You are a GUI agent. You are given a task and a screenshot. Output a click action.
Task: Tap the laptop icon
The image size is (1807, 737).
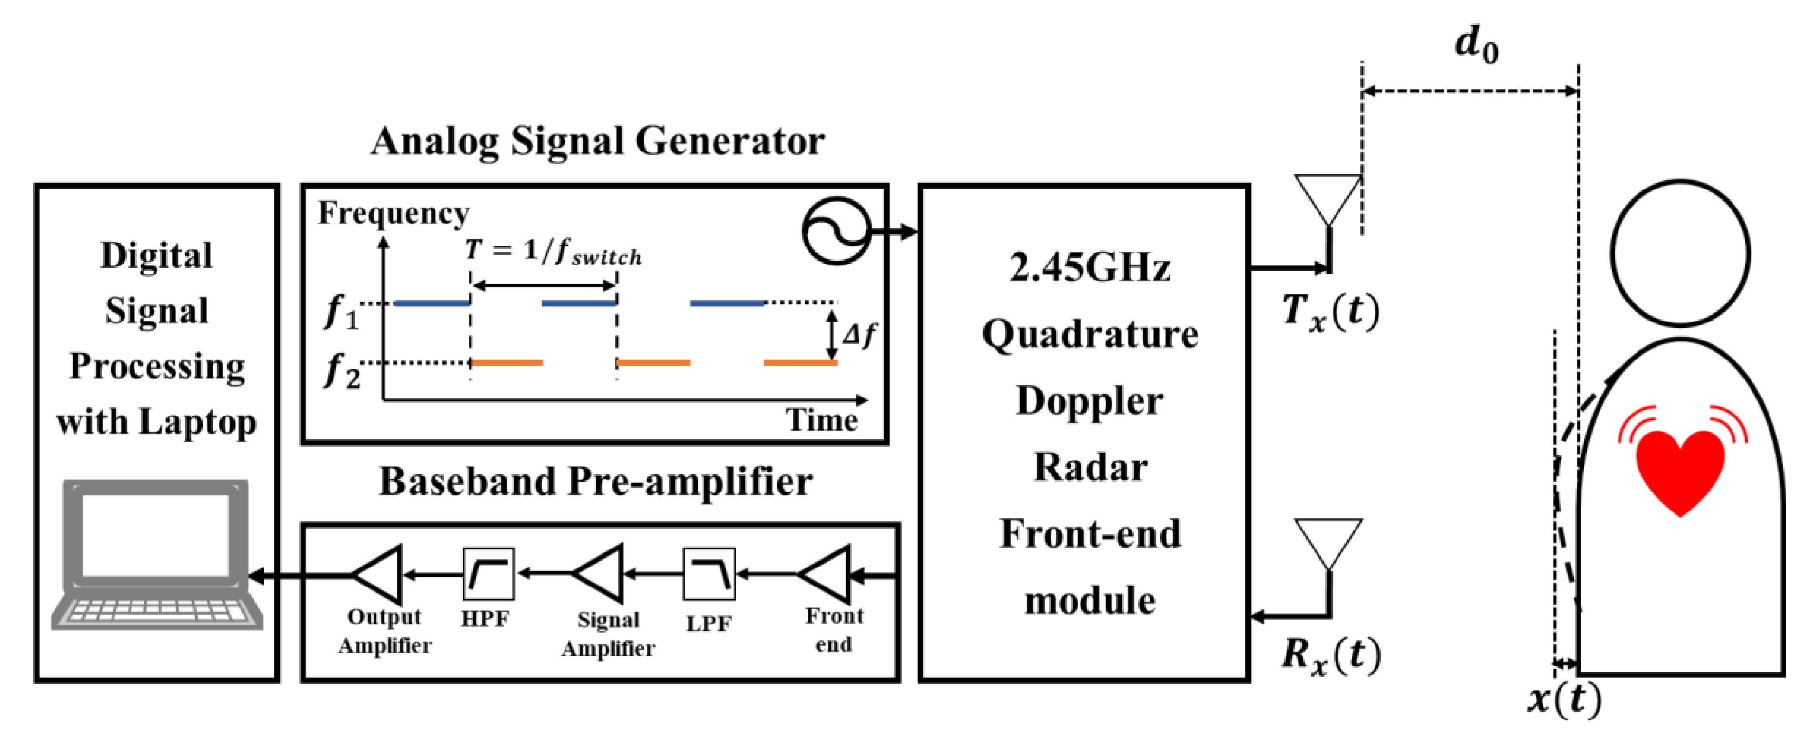(x=156, y=554)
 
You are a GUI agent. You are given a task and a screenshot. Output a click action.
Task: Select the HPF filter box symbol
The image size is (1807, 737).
(x=488, y=574)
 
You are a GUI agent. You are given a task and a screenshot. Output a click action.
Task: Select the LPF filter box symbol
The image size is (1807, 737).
(x=709, y=574)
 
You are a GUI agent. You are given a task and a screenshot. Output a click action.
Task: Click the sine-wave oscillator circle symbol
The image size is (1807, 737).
(x=835, y=231)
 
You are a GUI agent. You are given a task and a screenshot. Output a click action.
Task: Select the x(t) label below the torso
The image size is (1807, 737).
(x=1564, y=699)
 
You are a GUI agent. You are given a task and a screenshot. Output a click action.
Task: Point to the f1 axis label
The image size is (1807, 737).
(x=341, y=311)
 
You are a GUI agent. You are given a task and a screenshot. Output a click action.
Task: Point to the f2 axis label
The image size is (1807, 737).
(x=341, y=370)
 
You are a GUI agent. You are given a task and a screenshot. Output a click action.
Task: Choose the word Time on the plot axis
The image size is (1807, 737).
(x=821, y=420)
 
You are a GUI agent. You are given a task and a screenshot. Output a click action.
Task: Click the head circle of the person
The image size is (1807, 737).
(x=1679, y=252)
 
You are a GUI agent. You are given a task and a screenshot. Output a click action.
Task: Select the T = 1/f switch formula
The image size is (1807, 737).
(x=553, y=251)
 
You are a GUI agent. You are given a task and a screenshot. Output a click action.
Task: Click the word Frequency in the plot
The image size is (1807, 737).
(x=393, y=212)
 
